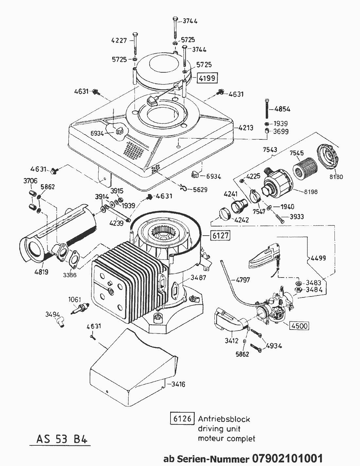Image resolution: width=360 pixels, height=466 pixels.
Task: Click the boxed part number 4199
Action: (x=207, y=78)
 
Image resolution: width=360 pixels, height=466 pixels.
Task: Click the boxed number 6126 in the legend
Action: (x=182, y=419)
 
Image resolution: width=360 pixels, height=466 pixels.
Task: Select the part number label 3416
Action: (x=178, y=384)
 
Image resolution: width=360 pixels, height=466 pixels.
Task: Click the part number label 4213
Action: (x=246, y=128)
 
